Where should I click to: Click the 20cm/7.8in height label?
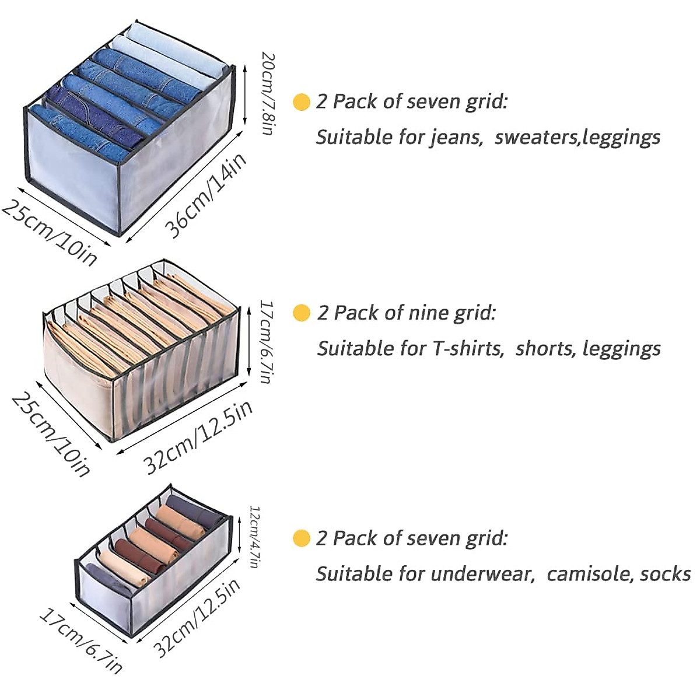pyautogui.click(x=268, y=94)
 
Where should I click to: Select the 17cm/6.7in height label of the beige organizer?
pyautogui.click(x=267, y=341)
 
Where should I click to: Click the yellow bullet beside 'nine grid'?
pyautogui.click(x=301, y=313)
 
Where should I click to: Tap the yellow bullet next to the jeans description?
pyautogui.click(x=301, y=102)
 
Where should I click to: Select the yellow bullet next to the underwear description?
pyautogui.click(x=301, y=538)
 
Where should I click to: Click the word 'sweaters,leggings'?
pyautogui.click(x=577, y=138)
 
